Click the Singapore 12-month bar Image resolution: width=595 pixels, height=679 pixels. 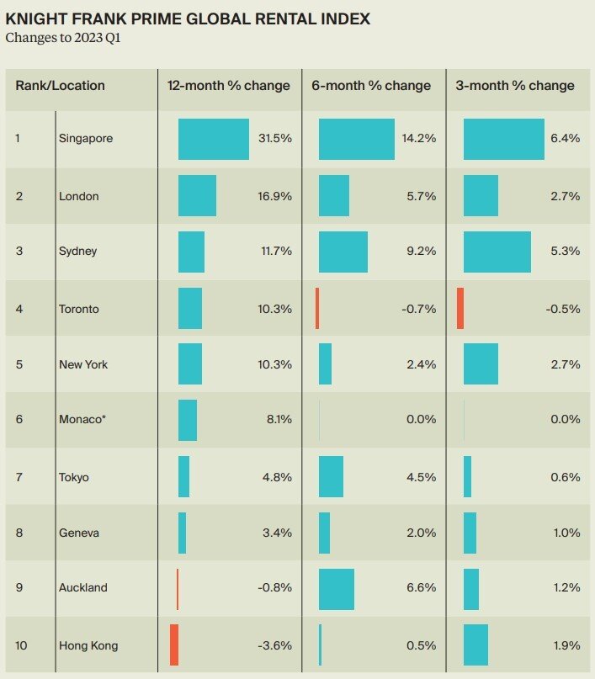pos(213,139)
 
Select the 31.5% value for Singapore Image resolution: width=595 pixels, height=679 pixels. pos(275,139)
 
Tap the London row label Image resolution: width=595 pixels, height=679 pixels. pos(78,196)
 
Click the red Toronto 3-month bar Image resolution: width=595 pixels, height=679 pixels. pos(460,308)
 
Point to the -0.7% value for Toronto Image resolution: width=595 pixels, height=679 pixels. pos(419,309)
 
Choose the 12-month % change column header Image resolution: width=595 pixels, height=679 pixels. pos(229,86)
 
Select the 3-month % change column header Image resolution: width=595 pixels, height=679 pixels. pos(515,86)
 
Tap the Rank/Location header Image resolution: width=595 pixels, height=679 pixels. pos(60,86)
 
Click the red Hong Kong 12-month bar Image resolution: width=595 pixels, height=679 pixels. pos(174,645)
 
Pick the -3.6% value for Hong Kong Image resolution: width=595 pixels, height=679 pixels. pos(274,645)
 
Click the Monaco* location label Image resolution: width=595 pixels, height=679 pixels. pos(82,420)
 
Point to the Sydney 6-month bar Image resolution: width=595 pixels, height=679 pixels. pos(343,252)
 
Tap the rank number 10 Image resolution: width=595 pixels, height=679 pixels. pos(21,645)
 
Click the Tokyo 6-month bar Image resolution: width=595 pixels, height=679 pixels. pos(331,476)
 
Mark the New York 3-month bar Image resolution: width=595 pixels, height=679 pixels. pos(481,363)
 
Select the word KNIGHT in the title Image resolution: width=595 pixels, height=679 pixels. pos(34,19)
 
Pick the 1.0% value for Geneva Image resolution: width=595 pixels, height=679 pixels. pos(565,533)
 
